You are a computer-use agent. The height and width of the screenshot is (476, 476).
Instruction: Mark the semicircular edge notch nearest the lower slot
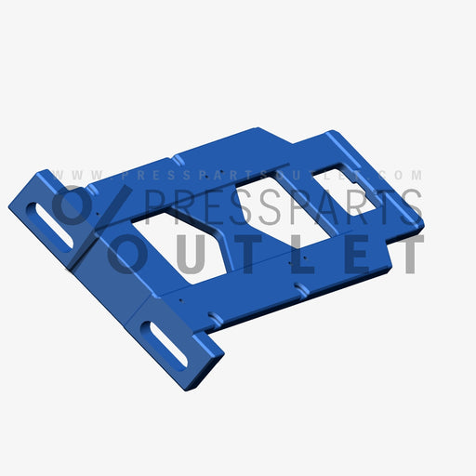[x=215, y=319]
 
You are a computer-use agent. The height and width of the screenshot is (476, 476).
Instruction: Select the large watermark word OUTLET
[x=270, y=253]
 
